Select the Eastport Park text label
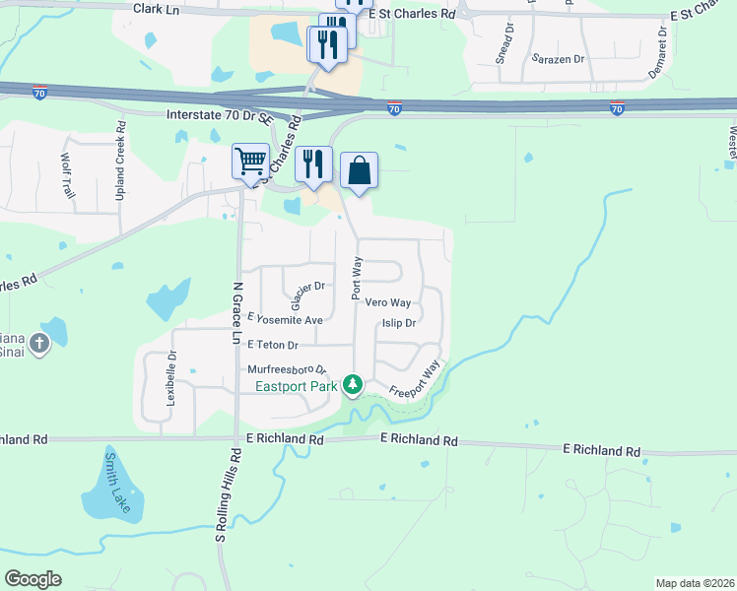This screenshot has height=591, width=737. [x=296, y=386]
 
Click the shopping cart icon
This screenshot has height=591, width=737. [x=250, y=161]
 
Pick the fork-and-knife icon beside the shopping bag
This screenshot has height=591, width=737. [x=313, y=163]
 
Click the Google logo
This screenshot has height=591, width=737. [x=33, y=579]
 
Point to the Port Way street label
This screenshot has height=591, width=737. [x=357, y=279]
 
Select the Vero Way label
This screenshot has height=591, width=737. [x=387, y=303]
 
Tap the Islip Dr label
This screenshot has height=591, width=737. [x=399, y=322]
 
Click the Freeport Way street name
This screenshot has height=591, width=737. [x=415, y=379]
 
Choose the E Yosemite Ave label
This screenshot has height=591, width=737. [x=286, y=320]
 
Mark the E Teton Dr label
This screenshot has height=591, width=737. [x=273, y=345]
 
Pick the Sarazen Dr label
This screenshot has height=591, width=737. [x=559, y=59]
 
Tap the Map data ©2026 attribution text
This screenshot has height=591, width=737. [x=695, y=583]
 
